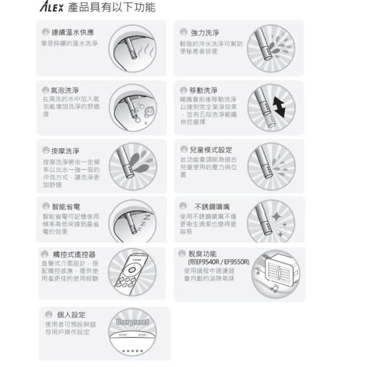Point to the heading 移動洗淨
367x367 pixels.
[x=203, y=90]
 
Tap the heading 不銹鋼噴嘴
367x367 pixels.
[x=213, y=205]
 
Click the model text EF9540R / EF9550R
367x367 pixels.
[x=218, y=261]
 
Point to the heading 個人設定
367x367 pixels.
[x=71, y=314]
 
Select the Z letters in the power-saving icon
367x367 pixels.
[x=145, y=218]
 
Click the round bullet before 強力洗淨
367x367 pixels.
[x=183, y=32]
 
